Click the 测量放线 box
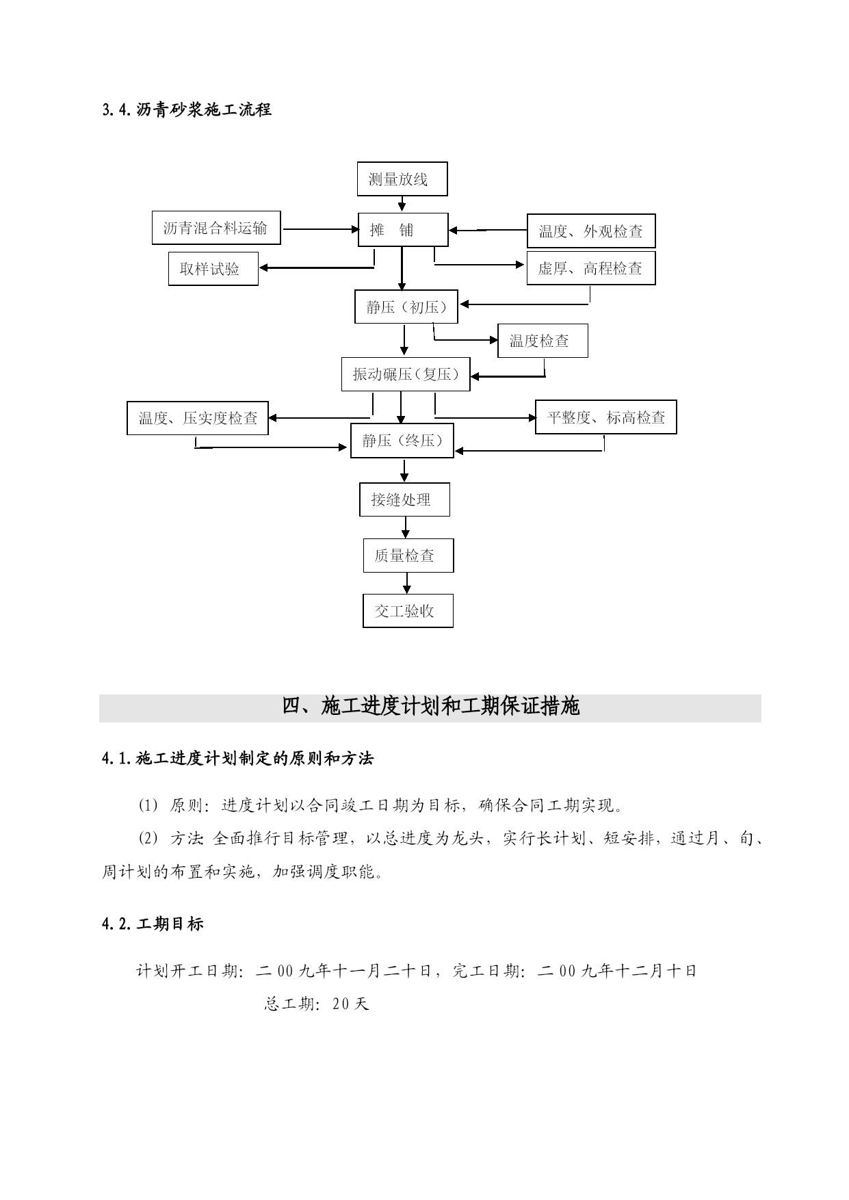pyautogui.click(x=402, y=179)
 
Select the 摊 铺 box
pyautogui.click(x=403, y=230)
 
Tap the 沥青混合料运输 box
pyautogui.click(x=216, y=228)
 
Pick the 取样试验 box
pyautogui.click(x=213, y=269)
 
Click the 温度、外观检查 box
pyautogui.click(x=591, y=231)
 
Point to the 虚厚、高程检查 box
pyautogui.click(x=591, y=268)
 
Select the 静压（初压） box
pyautogui.click(x=406, y=307)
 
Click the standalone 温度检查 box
pyautogui.click(x=543, y=341)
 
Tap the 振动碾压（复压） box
pyautogui.click(x=406, y=374)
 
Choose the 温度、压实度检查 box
pyautogui.click(x=198, y=418)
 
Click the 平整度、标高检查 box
pyautogui.click(x=606, y=417)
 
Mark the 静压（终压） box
pyautogui.click(x=402, y=441)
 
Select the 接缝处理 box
pyautogui.click(x=404, y=499)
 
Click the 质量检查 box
pyautogui.click(x=408, y=556)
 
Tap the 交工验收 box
pyautogui.click(x=408, y=611)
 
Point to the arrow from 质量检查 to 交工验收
pyautogui.click(x=408, y=583)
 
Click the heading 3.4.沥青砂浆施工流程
pyautogui.click(x=186, y=109)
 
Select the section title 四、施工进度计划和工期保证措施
pyautogui.click(x=431, y=706)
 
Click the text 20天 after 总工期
pyautogui.click(x=350, y=1004)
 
